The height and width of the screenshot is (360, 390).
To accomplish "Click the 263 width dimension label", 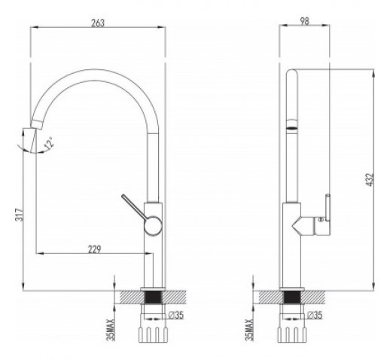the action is pyautogui.click(x=98, y=23).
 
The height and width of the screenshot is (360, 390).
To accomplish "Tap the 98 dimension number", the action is pyautogui.click(x=304, y=21).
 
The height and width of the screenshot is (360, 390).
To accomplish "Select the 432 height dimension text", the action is pyautogui.click(x=370, y=179).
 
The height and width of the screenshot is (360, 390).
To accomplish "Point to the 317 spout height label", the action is pyautogui.click(x=19, y=215).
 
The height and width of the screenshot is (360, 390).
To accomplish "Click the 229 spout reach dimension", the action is pyautogui.click(x=94, y=249).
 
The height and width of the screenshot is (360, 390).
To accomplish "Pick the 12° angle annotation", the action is pyautogui.click(x=48, y=143).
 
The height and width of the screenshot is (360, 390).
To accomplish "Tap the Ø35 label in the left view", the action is pyautogui.click(x=176, y=315).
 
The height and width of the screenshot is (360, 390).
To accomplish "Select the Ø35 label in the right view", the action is pyautogui.click(x=315, y=315).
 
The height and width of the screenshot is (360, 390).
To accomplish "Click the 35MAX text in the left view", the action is pyautogui.click(x=111, y=330).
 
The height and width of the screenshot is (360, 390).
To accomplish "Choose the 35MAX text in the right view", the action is pyautogui.click(x=250, y=330).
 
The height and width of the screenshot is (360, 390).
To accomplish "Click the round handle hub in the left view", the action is pyautogui.click(x=153, y=225).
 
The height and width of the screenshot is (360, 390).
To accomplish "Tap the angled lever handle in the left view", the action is pyautogui.click(x=134, y=207).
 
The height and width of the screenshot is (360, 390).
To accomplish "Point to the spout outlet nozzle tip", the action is pyautogui.click(x=36, y=124).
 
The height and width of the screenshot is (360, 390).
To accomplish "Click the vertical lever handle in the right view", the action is pyautogui.click(x=328, y=208).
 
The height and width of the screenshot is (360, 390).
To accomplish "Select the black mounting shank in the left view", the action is pyautogui.click(x=153, y=297).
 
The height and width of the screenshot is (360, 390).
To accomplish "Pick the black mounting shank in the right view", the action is pyautogui.click(x=292, y=297).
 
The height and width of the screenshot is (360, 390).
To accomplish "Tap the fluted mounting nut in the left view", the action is pyautogui.click(x=153, y=334).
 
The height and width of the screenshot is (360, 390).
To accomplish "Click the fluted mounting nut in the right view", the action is pyautogui.click(x=292, y=334).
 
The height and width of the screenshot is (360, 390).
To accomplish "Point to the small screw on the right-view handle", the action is pyautogui.click(x=320, y=219).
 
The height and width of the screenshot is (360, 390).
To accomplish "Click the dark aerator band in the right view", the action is pyautogui.click(x=292, y=128).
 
